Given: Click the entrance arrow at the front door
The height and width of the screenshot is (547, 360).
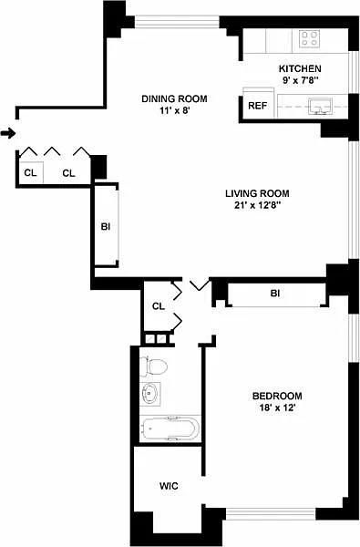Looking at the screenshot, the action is [8, 133].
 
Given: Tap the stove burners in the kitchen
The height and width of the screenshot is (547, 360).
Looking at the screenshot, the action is [310, 38].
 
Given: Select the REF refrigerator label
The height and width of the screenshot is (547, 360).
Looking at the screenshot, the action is [257, 106].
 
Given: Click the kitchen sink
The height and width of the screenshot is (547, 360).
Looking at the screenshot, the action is [320, 106].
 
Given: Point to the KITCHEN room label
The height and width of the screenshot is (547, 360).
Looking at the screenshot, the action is [300, 68].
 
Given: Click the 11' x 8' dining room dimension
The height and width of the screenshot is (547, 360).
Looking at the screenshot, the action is [174, 111].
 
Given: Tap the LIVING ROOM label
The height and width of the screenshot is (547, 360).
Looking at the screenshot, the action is [257, 193].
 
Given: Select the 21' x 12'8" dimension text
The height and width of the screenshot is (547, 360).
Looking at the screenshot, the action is [258, 205].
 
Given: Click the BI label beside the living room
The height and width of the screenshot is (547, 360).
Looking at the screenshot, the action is [106, 227].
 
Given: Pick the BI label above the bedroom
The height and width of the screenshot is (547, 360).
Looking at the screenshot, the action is [275, 294].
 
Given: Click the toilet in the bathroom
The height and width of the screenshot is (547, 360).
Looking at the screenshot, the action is [153, 366].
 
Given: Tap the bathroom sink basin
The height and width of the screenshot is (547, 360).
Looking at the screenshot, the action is [149, 393].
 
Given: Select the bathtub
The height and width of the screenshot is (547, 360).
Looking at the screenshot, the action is [170, 428].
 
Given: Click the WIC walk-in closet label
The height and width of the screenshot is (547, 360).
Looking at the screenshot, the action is [169, 486].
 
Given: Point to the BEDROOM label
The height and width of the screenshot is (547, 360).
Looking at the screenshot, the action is [277, 396].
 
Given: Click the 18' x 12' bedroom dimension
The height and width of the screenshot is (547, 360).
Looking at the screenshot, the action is [278, 408].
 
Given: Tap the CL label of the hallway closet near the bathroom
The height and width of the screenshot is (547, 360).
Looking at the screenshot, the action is [159, 306].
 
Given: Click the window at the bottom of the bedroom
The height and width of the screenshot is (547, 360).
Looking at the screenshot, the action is [271, 513].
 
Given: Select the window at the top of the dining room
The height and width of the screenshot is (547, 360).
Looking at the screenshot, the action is [177, 21].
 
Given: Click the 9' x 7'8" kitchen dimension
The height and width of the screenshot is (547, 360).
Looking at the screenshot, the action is [301, 80].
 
